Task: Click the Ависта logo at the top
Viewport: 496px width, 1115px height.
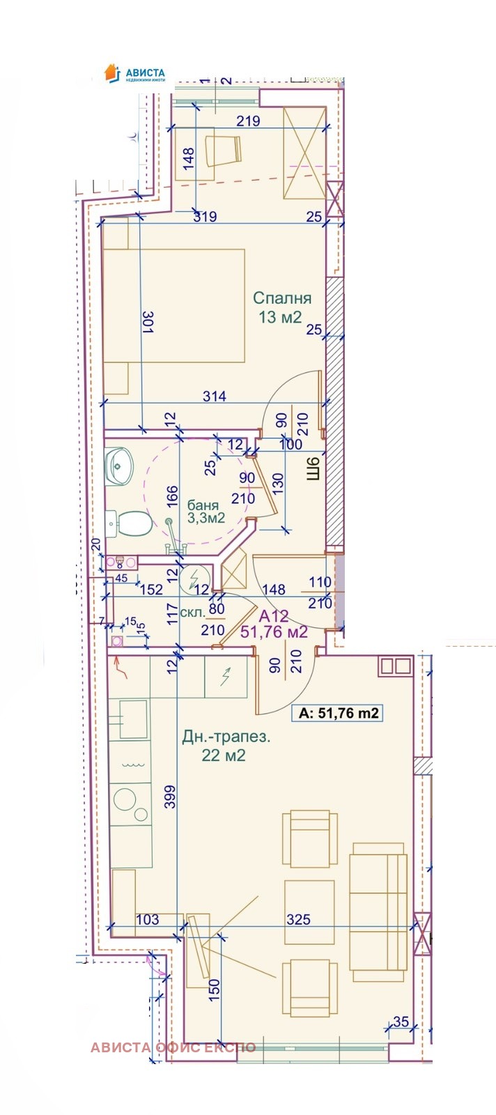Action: click(x=134, y=74)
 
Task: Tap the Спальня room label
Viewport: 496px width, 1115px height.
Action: click(x=282, y=298)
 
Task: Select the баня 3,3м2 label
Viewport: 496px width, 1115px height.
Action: click(x=206, y=512)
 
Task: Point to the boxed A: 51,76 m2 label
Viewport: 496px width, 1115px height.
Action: click(x=339, y=714)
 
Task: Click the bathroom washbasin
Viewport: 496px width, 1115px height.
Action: click(x=119, y=465)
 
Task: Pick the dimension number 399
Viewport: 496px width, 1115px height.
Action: click(x=171, y=797)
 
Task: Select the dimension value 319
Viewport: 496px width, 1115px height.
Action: click(x=205, y=217)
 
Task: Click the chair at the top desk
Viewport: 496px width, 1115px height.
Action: click(x=224, y=150)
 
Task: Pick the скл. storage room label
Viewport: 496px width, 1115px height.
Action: click(x=192, y=613)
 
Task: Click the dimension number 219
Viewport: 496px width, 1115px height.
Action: click(x=248, y=121)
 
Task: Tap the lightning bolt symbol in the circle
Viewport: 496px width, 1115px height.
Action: click(x=192, y=579)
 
